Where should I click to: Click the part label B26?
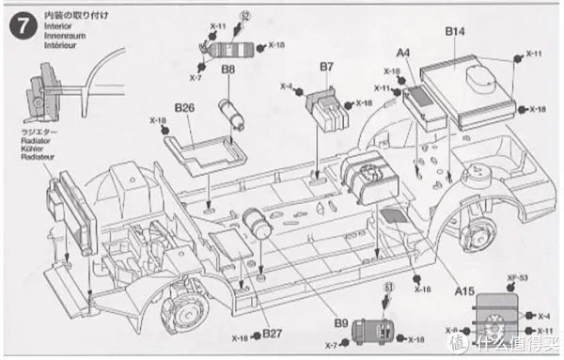[184, 107]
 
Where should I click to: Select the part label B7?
[326, 67]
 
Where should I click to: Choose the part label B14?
[455, 32]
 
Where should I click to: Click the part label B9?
[341, 322]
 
